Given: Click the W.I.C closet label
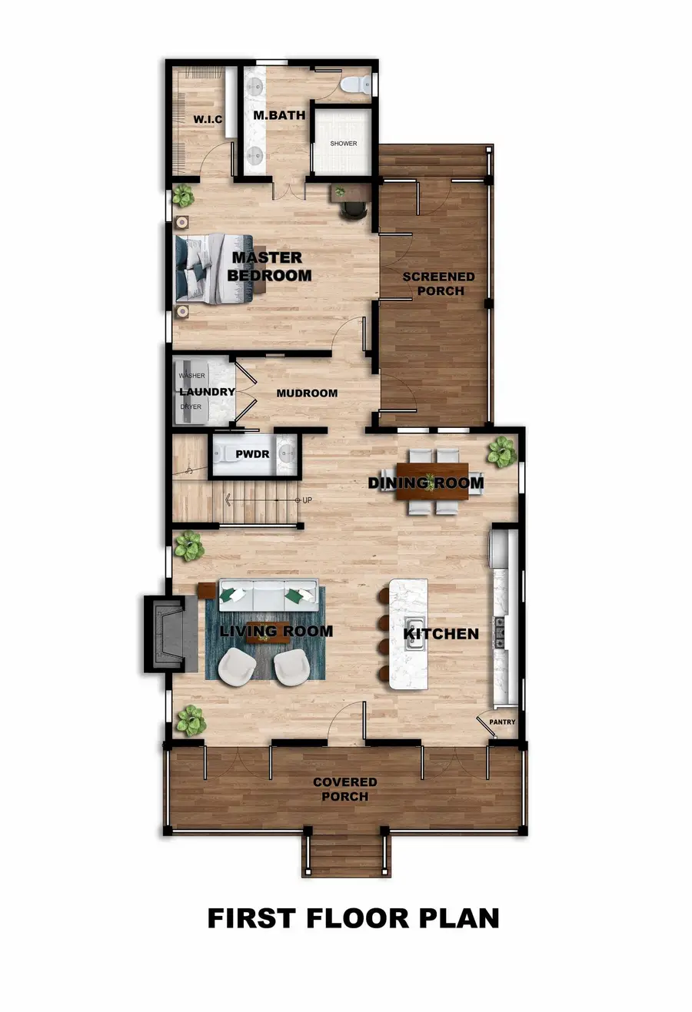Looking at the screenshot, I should (208, 119).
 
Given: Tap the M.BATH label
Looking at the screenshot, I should (279, 115).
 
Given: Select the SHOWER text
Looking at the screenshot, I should (344, 144).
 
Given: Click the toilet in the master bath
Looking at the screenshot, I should (355, 85).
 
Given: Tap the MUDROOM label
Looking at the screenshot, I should (307, 393).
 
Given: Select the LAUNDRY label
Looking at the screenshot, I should (207, 392).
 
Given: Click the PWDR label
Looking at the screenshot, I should (252, 453).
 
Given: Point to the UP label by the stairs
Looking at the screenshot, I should (307, 500).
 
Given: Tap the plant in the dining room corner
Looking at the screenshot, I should (501, 451).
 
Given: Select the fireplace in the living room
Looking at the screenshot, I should (165, 634).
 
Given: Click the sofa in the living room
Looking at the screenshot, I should (268, 593).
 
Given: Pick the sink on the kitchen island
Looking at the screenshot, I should (415, 634).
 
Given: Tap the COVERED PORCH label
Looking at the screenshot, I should (344, 789).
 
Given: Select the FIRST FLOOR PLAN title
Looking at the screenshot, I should (353, 917).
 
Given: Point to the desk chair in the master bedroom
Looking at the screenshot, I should (353, 208).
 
